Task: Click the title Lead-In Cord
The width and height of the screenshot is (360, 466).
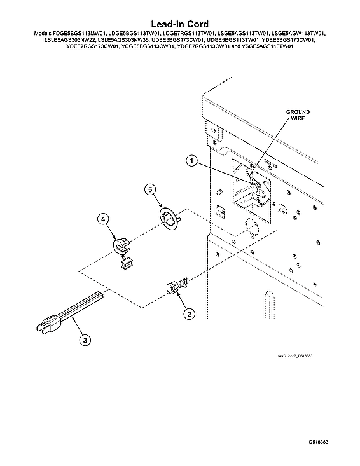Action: (180, 24)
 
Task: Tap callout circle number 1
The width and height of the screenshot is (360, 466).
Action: (191, 161)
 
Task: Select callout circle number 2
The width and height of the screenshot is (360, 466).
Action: (190, 313)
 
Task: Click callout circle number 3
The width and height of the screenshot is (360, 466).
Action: (85, 340)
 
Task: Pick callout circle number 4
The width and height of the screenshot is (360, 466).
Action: (103, 219)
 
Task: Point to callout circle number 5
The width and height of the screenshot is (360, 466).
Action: (150, 189)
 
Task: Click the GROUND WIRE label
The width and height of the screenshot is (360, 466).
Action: (298, 115)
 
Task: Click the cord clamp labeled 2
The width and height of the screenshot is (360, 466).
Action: (177, 287)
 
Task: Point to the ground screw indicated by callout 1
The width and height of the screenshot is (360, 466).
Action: (257, 186)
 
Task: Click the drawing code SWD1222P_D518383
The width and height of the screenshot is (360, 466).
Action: (294, 356)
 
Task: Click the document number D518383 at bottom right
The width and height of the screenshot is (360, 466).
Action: (319, 442)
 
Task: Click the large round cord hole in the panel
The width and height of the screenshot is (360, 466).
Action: (251, 228)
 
